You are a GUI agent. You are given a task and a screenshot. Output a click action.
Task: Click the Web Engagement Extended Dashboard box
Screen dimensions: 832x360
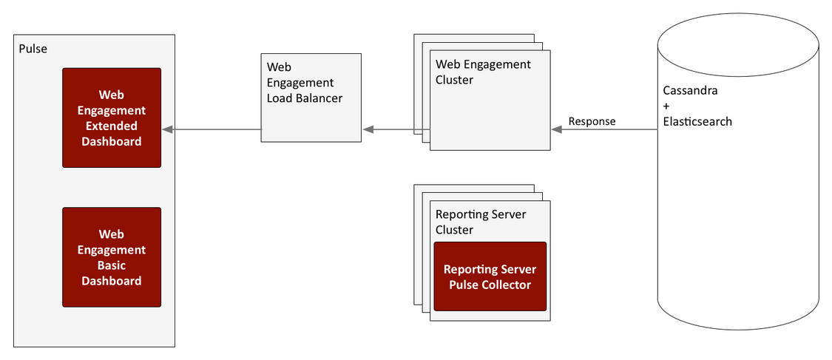click(112, 118)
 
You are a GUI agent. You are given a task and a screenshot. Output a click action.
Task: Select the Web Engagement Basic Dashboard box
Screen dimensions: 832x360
click(112, 257)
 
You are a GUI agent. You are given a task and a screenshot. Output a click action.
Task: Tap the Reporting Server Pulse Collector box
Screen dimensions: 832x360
click(490, 276)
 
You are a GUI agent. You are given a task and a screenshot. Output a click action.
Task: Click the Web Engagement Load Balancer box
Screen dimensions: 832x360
click(311, 98)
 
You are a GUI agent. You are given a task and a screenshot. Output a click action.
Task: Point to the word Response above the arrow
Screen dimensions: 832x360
click(592, 121)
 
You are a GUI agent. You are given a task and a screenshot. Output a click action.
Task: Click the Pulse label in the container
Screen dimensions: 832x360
click(33, 50)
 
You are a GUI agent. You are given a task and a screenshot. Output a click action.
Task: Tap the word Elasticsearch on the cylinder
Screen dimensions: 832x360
click(697, 121)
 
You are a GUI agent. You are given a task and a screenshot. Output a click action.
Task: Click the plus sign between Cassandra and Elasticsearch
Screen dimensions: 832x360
click(666, 106)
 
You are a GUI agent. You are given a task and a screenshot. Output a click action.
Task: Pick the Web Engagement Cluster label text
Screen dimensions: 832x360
click(483, 72)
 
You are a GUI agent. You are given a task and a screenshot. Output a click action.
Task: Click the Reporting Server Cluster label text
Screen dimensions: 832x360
click(481, 223)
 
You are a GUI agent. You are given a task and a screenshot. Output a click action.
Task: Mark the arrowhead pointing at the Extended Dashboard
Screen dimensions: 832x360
click(167, 129)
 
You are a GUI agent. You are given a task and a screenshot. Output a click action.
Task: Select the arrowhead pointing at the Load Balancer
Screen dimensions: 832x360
click(368, 129)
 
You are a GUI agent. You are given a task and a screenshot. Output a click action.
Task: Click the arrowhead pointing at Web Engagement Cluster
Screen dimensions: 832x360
click(557, 129)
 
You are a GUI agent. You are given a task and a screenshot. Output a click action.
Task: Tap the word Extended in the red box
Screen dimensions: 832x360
click(112, 126)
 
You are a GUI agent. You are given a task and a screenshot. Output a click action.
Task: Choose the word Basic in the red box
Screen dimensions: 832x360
click(112, 265)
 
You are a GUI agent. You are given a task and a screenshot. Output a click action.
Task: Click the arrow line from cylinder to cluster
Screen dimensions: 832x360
click(604, 129)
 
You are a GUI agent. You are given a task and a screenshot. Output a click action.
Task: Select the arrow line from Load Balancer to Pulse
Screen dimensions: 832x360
click(212, 129)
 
